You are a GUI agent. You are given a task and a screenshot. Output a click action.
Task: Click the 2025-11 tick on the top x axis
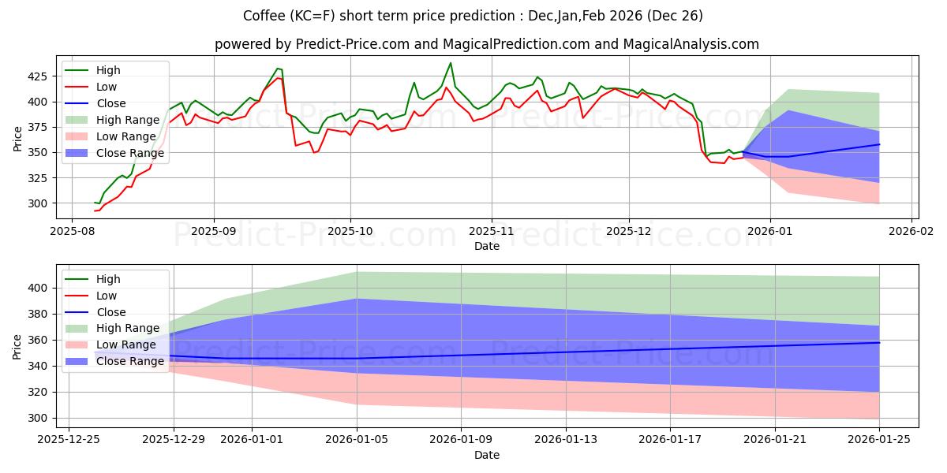tap(492, 232)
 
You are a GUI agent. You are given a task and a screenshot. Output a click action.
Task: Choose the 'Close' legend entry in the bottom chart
tap(111, 312)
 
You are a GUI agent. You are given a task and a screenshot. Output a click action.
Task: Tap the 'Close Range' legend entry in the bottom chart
tap(130, 361)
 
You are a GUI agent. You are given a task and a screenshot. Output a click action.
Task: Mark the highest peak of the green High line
tap(451, 63)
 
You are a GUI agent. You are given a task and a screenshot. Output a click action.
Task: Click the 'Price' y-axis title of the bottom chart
tap(17, 346)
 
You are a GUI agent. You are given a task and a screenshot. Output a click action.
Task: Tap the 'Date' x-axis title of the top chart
tap(487, 246)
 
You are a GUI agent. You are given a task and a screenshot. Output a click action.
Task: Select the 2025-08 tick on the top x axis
tap(73, 232)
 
